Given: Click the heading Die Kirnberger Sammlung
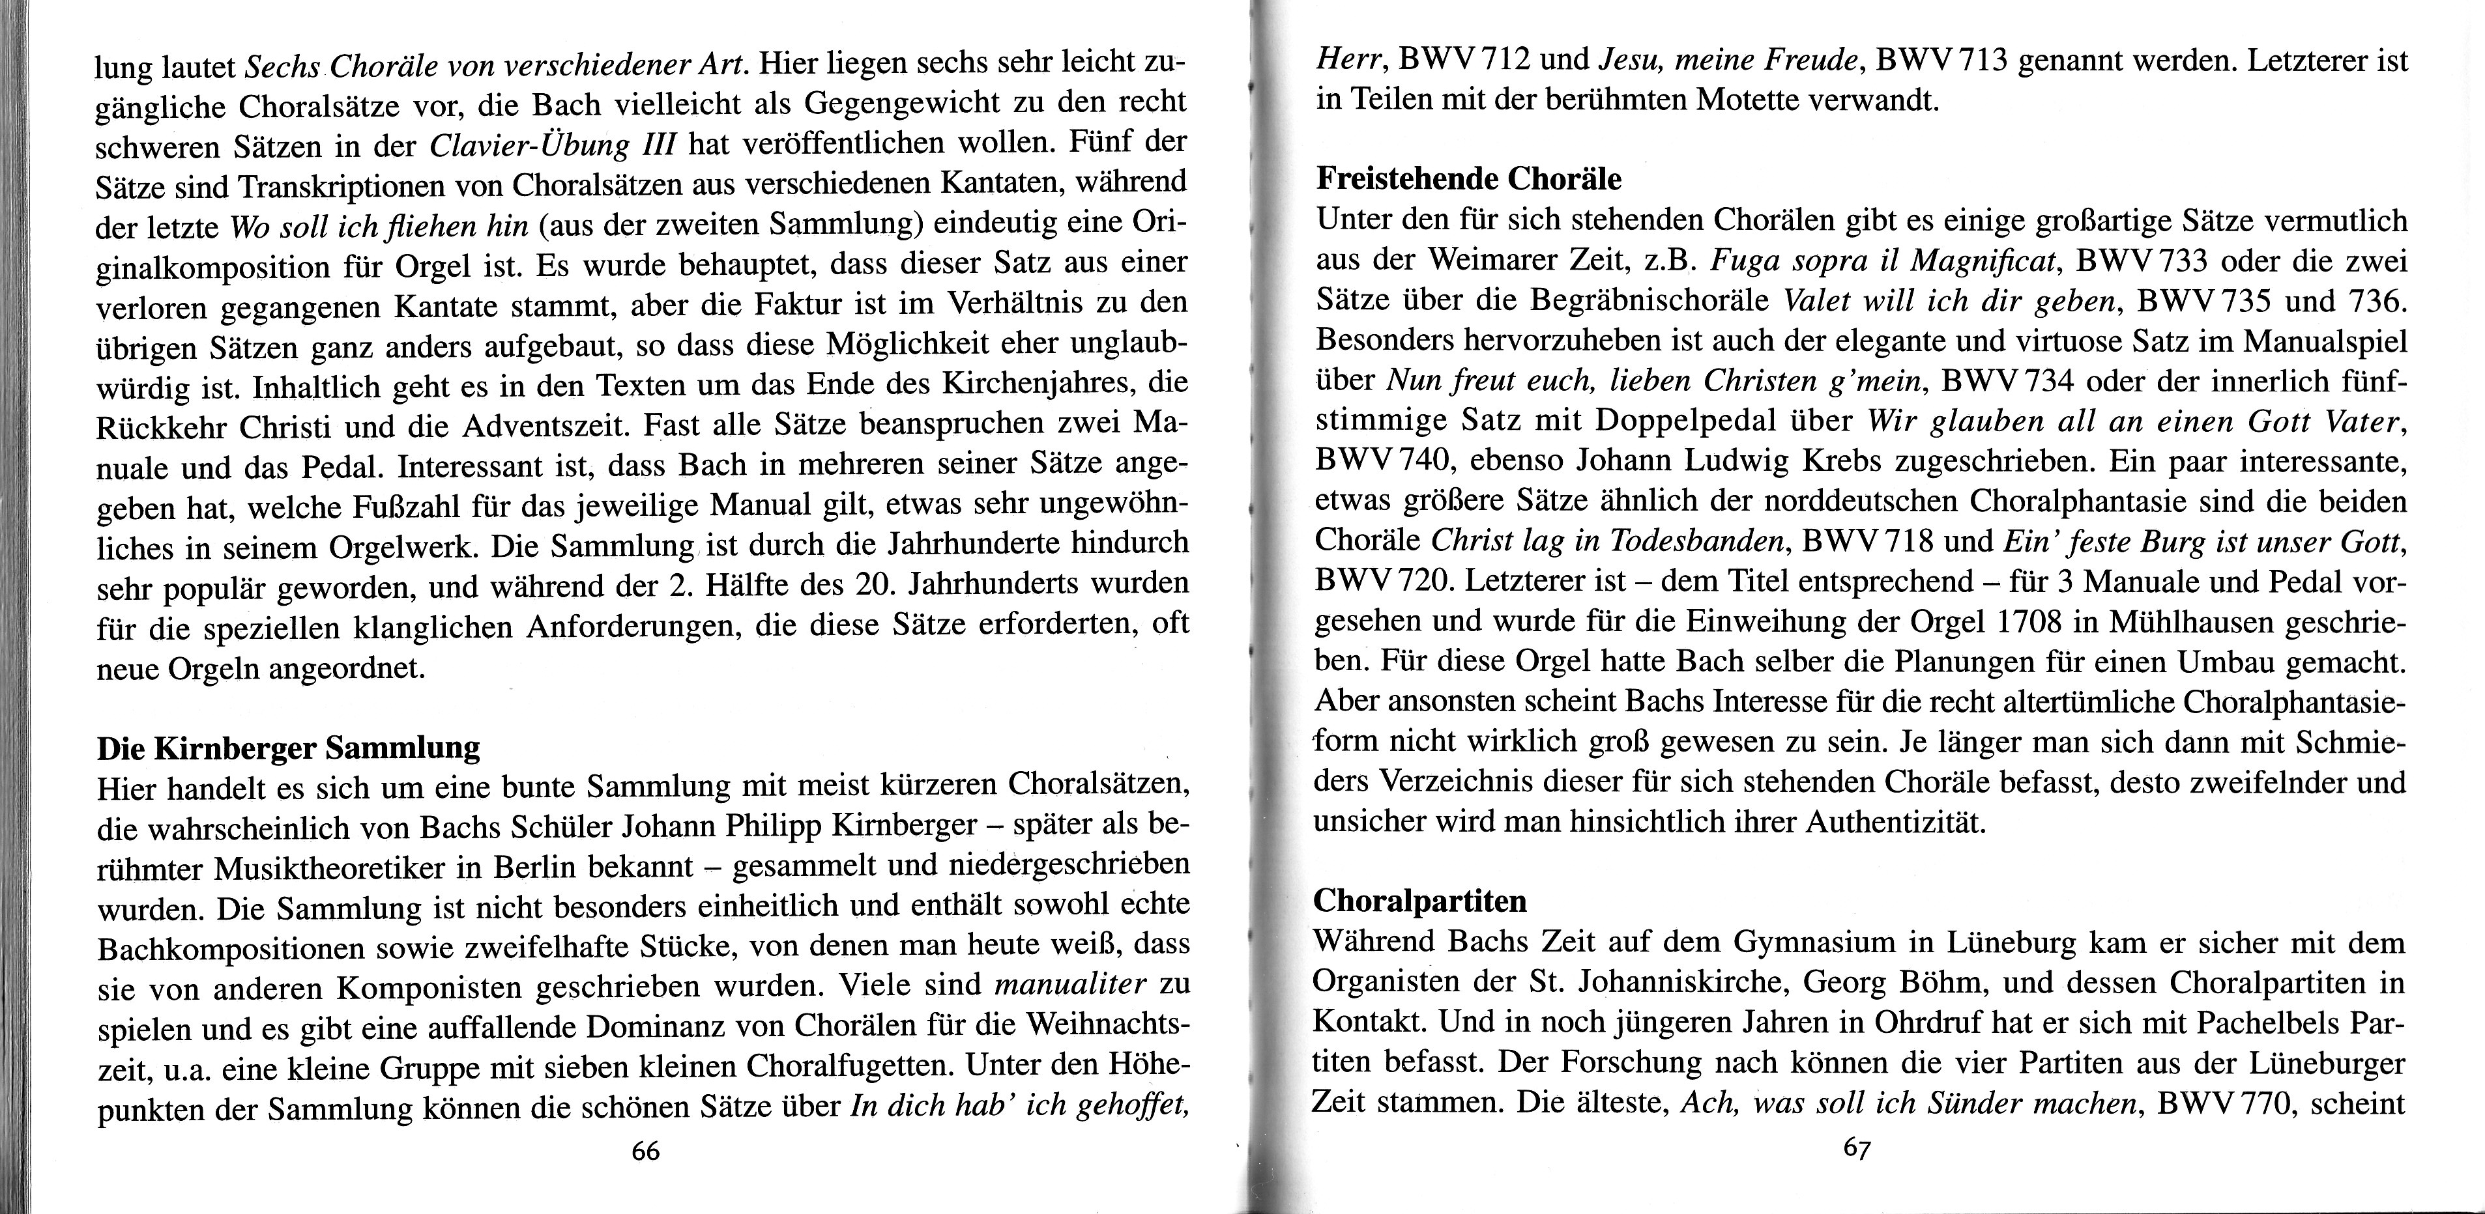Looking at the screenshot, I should pyautogui.click(x=289, y=747).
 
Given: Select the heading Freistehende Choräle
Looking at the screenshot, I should pyautogui.click(x=1469, y=178).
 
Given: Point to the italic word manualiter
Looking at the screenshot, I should pyautogui.click(x=1069, y=985).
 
